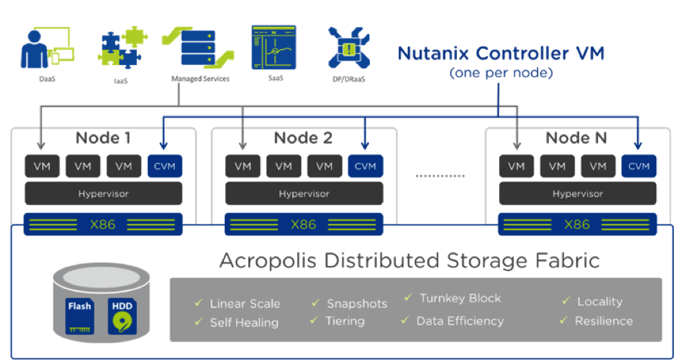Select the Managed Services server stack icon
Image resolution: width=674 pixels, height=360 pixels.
click(198, 48)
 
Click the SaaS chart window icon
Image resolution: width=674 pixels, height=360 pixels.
click(274, 47)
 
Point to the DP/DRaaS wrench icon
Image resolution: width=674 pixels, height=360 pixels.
click(348, 48)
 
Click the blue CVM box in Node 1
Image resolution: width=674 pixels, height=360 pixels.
click(165, 166)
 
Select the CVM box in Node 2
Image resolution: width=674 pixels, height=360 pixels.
click(366, 166)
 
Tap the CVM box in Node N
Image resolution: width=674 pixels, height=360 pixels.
click(639, 166)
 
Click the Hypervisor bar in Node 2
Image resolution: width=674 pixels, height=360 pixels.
click(304, 193)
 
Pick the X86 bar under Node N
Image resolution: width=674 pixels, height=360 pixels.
click(577, 225)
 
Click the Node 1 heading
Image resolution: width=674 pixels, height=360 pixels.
click(103, 138)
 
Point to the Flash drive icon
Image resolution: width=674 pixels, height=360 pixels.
click(79, 317)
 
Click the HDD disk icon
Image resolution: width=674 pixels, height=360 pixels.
click(122, 317)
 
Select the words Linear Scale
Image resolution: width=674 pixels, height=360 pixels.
click(245, 304)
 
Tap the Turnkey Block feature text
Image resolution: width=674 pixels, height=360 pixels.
click(460, 298)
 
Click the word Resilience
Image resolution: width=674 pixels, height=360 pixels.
click(603, 321)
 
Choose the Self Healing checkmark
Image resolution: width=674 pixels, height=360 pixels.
click(198, 321)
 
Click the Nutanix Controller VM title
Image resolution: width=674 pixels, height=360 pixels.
click(500, 53)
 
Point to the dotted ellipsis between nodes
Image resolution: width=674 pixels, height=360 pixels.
click(441, 176)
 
